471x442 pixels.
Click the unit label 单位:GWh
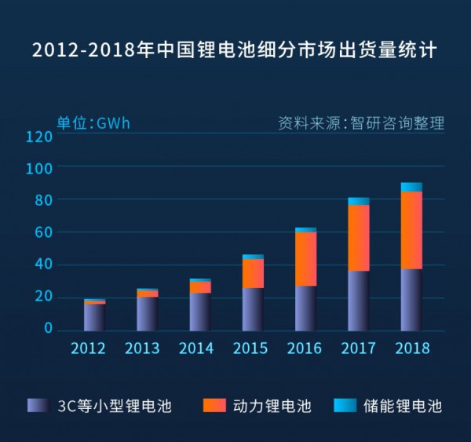[x=93, y=123]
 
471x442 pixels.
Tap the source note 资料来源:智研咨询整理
[x=361, y=123]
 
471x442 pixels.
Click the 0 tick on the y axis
[x=49, y=328]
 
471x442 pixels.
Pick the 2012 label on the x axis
[x=88, y=349]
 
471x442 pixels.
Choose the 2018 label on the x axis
[x=411, y=349]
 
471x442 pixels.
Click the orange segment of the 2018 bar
[x=411, y=230]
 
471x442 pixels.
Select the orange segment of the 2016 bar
[x=305, y=259]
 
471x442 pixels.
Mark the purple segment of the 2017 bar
[x=359, y=301]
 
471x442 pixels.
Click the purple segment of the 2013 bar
[x=147, y=314]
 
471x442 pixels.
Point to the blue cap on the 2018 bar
[x=411, y=187]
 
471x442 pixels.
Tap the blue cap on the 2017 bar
[x=359, y=201]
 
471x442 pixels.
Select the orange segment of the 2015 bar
[x=253, y=273]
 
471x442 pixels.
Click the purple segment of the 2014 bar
[x=200, y=312]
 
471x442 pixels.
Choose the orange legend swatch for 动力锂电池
[x=214, y=405]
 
